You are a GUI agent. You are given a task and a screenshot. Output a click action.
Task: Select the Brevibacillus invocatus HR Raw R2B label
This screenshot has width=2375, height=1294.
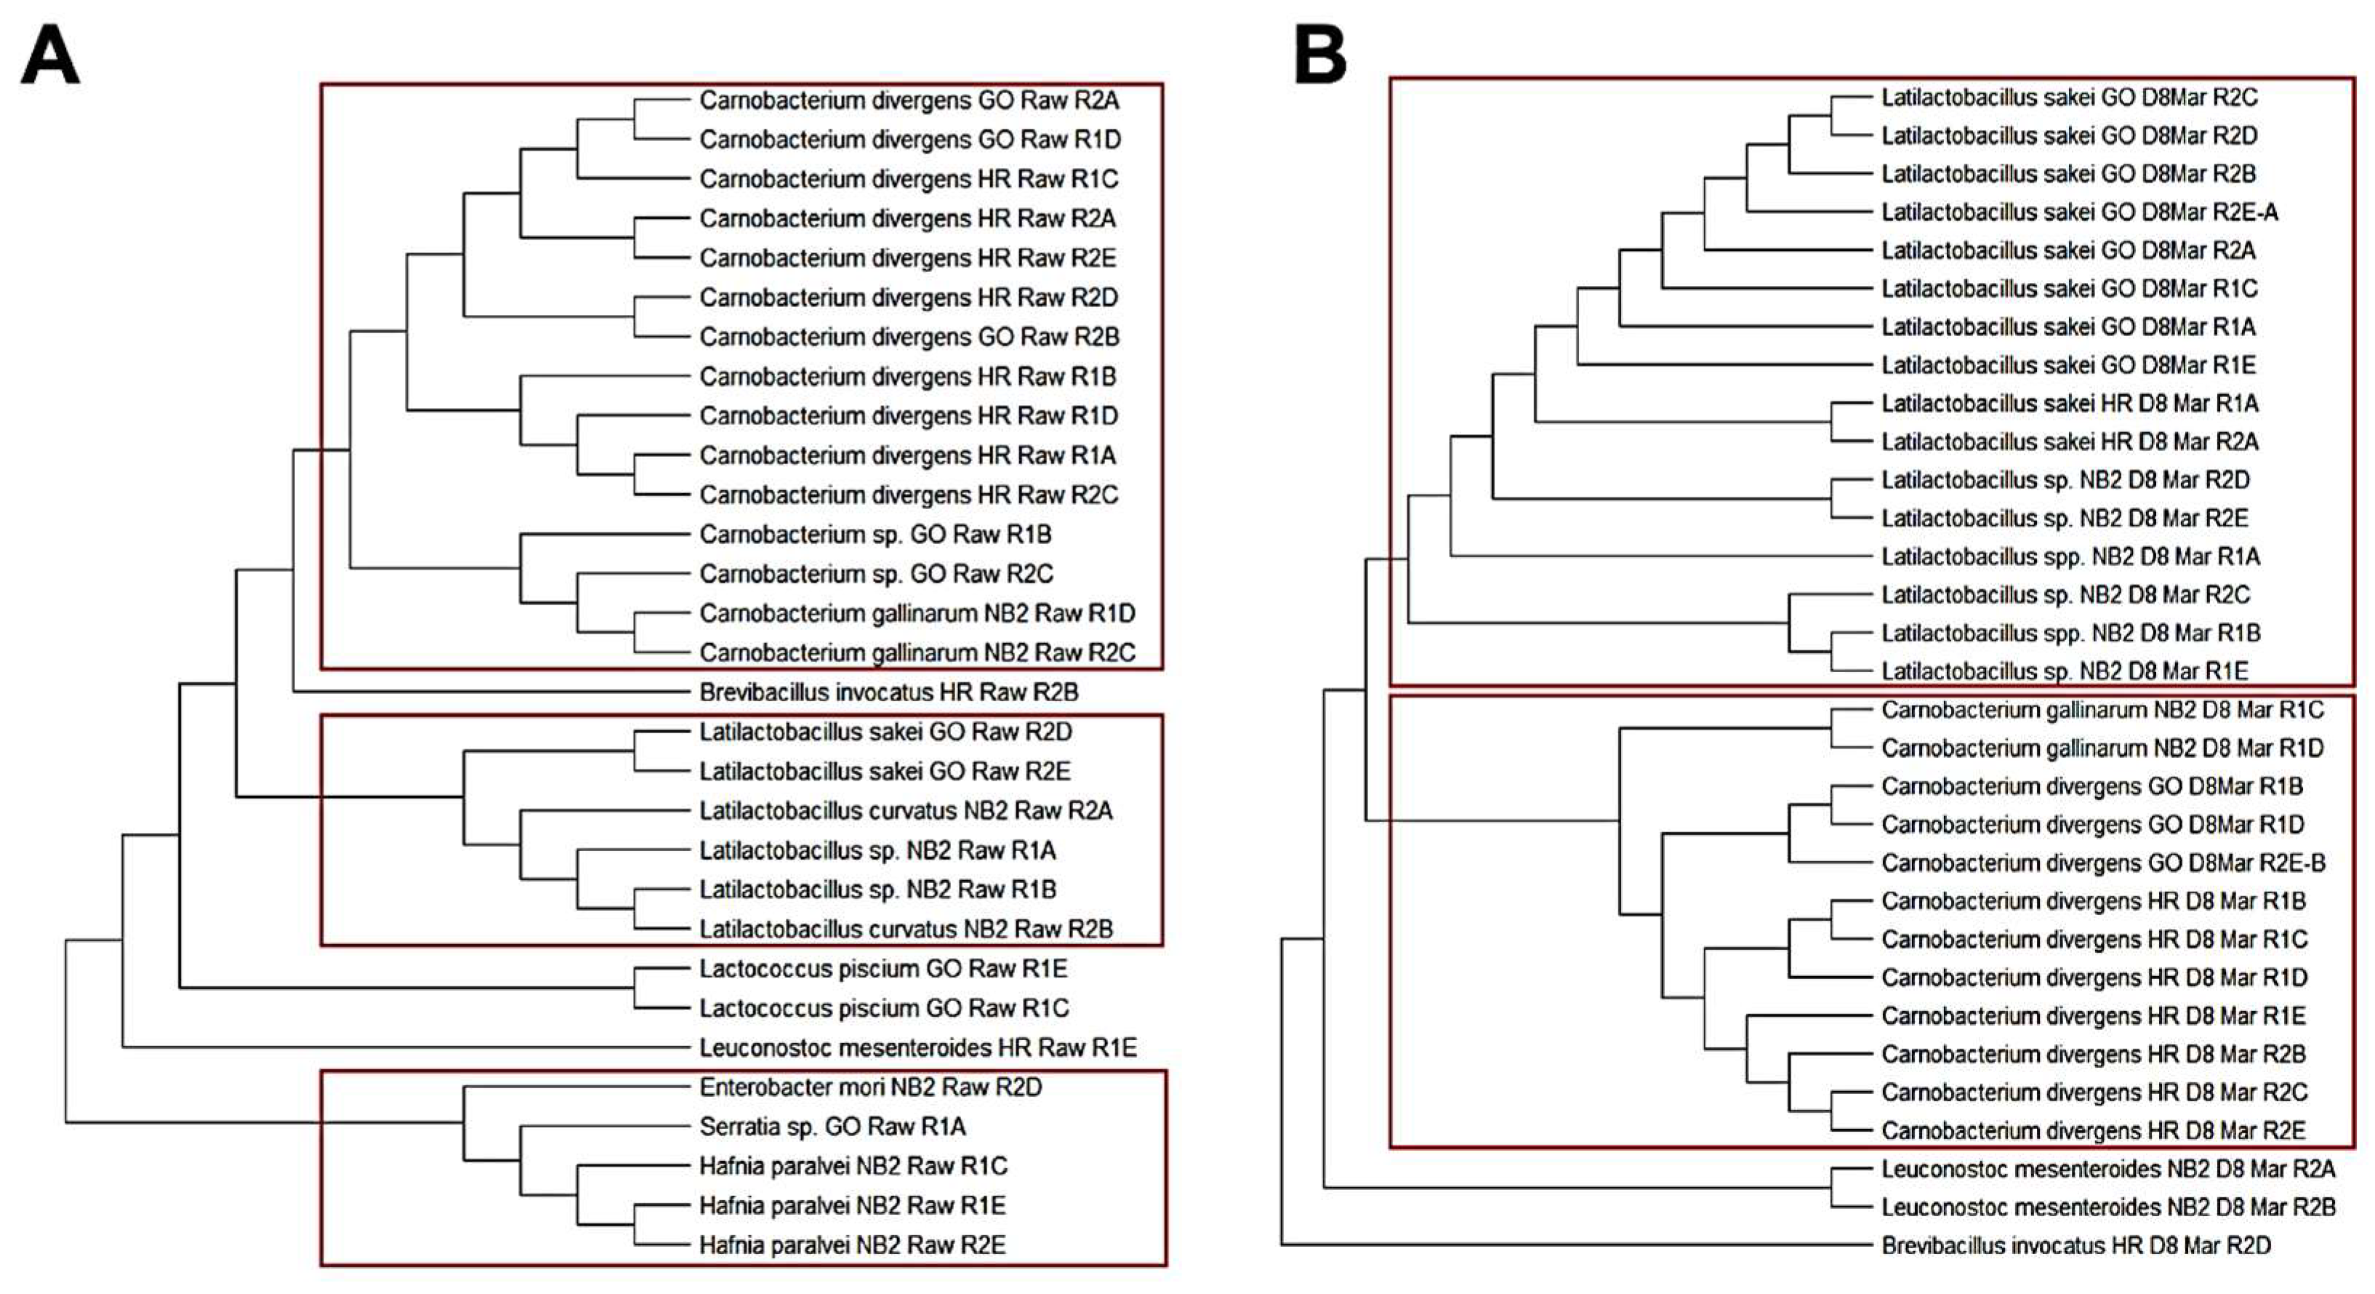[888, 692]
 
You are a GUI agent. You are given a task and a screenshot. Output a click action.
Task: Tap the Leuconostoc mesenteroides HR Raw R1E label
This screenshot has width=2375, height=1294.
[917, 1047]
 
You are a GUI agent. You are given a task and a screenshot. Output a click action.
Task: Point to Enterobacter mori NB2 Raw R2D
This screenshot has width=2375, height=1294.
[870, 1087]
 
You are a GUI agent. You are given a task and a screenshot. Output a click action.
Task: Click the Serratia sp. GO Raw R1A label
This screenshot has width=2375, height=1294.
[832, 1127]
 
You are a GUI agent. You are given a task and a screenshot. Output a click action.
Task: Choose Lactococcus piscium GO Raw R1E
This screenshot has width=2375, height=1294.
[883, 968]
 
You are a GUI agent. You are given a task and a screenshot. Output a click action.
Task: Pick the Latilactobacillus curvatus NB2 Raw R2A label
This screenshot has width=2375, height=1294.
[905, 811]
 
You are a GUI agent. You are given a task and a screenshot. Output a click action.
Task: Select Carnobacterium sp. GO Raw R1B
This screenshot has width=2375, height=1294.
[875, 534]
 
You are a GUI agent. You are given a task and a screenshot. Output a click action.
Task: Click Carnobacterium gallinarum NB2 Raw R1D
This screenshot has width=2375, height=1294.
[917, 613]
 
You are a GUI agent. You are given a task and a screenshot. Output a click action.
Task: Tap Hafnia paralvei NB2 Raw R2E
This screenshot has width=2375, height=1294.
[852, 1245]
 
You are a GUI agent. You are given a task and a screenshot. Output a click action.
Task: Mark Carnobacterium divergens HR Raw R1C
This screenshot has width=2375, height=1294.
[908, 179]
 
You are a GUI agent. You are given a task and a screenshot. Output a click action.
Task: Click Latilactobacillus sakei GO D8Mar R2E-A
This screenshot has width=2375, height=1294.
[2079, 212]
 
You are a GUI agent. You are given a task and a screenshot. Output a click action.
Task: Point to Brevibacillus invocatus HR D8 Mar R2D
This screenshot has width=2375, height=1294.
[2075, 1245]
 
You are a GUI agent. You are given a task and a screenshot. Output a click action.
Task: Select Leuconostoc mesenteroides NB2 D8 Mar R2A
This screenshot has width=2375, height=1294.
[2107, 1170]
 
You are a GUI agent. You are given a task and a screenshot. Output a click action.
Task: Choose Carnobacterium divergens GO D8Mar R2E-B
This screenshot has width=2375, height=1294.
[2103, 863]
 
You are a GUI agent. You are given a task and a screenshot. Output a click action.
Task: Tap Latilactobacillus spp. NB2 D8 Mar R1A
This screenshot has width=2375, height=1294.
[2070, 557]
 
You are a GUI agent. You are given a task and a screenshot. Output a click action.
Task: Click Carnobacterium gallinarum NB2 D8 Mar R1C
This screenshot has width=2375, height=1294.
[2102, 710]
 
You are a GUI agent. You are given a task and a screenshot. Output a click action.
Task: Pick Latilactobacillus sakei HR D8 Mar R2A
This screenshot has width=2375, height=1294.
[2070, 442]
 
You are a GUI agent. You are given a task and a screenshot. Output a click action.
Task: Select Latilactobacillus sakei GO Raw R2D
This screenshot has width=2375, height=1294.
[885, 732]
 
